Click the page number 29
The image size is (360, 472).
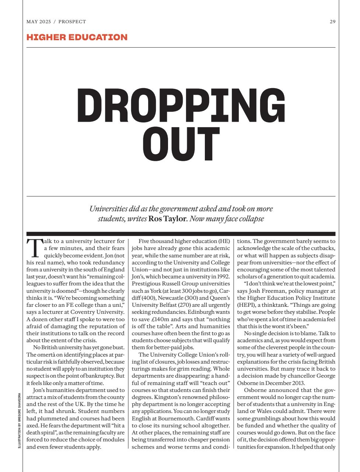(x=332, y=22)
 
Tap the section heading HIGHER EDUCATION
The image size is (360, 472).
(x=77, y=37)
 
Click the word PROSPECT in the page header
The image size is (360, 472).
(x=73, y=22)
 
